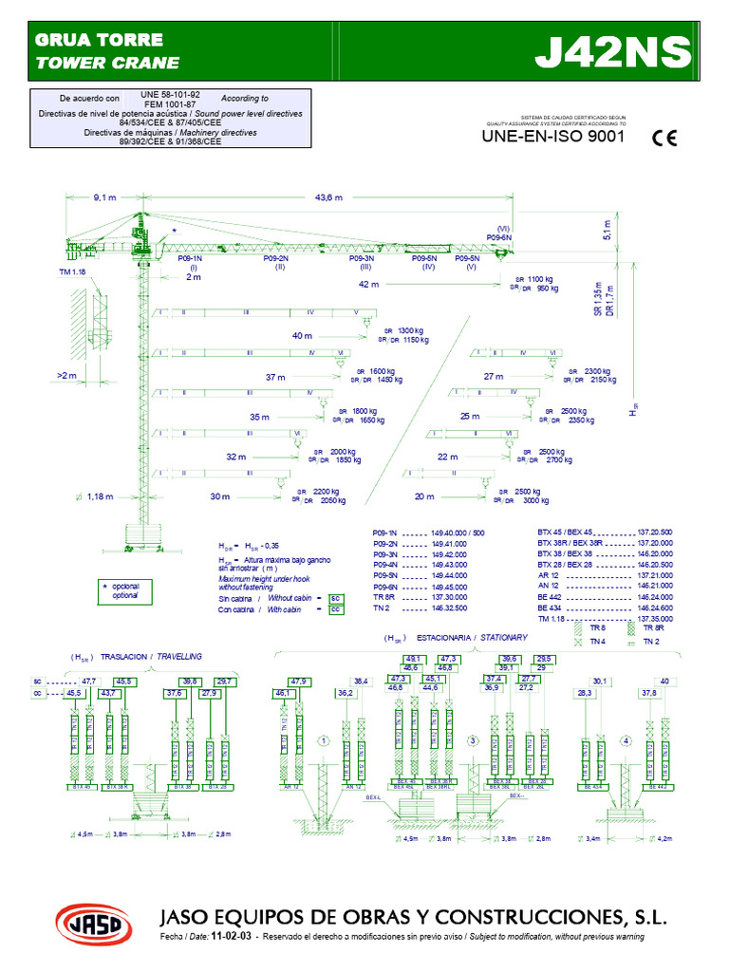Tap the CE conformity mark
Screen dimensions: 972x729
click(664, 138)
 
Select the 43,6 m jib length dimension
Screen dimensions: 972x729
click(328, 197)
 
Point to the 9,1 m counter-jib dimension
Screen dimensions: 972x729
click(103, 197)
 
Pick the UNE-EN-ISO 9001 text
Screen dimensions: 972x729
click(551, 137)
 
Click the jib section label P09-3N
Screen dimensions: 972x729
click(361, 258)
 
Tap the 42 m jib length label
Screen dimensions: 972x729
click(368, 284)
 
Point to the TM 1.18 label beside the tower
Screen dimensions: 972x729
click(72, 272)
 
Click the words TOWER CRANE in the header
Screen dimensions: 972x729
click(106, 64)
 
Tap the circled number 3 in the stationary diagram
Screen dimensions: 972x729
click(473, 740)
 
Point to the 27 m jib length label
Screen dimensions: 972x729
click(494, 376)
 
